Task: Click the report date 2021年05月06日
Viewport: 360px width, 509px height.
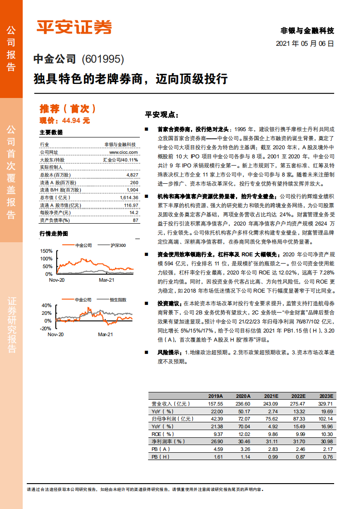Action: [305, 44]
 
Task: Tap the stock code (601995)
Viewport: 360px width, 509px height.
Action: [102, 59]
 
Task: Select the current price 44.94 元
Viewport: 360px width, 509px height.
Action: [65, 121]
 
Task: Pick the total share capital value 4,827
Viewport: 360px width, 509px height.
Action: [132, 175]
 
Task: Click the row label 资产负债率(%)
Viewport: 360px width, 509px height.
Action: [54, 220]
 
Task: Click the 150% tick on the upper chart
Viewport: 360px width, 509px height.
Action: [46, 250]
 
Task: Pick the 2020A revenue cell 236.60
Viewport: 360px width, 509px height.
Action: [243, 404]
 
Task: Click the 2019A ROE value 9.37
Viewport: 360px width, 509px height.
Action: [217, 434]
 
